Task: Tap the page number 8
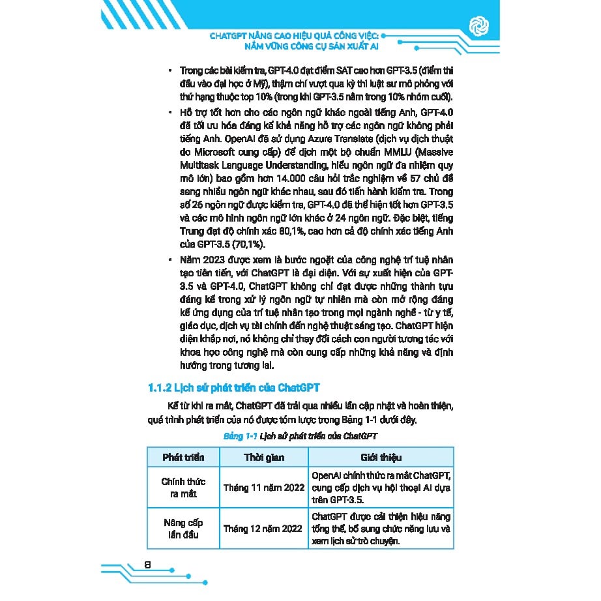(147, 564)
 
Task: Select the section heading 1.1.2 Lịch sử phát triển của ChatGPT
(235, 388)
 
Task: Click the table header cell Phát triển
(183, 457)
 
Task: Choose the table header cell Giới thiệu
(381, 457)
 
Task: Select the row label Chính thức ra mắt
(183, 488)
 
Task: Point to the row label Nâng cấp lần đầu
(183, 528)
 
